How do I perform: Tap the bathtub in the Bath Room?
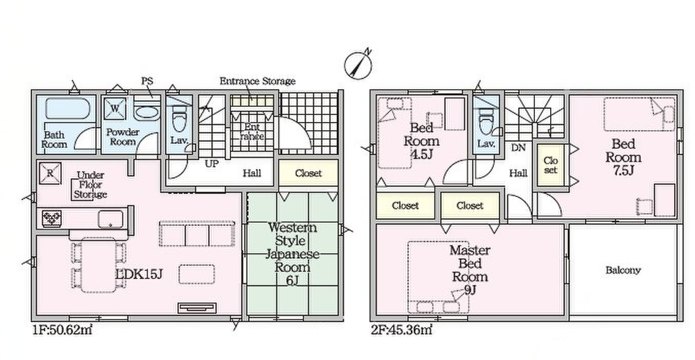coord(68,109)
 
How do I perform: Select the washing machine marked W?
coord(115,109)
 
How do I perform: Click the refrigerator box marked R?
coord(50,174)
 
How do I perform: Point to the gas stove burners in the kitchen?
coord(52,218)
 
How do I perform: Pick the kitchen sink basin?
coord(111,219)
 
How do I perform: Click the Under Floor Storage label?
coord(90,185)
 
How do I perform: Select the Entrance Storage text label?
coord(258,81)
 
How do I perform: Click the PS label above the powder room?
coord(147,81)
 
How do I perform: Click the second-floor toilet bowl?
coord(486,120)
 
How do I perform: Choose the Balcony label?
coord(623,270)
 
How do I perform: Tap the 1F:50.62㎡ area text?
coord(63,330)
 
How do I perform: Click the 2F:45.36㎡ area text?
coord(401,330)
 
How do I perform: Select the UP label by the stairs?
coord(212,164)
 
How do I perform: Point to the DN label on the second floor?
coord(518,148)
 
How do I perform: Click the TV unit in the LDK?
coord(197,308)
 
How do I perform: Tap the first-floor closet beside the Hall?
coord(308,172)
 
